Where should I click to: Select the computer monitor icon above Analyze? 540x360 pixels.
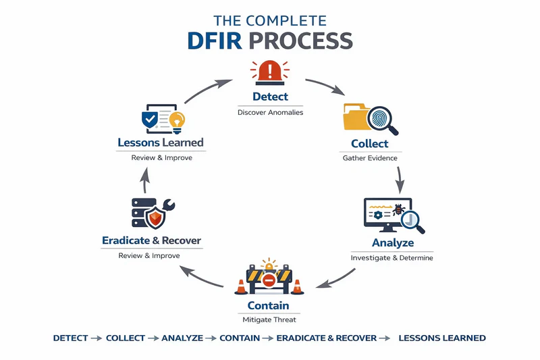387,215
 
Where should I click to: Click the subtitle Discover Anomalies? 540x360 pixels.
270,112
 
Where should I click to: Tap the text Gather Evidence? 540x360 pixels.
369,158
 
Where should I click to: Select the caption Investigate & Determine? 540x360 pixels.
392,258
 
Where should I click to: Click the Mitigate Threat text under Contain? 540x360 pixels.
269,319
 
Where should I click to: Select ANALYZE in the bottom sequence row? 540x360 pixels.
182,338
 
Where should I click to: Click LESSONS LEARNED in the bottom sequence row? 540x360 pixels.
442,338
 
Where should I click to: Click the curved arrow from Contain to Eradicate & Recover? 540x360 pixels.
202,277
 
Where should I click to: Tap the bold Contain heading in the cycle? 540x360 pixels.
269,305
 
